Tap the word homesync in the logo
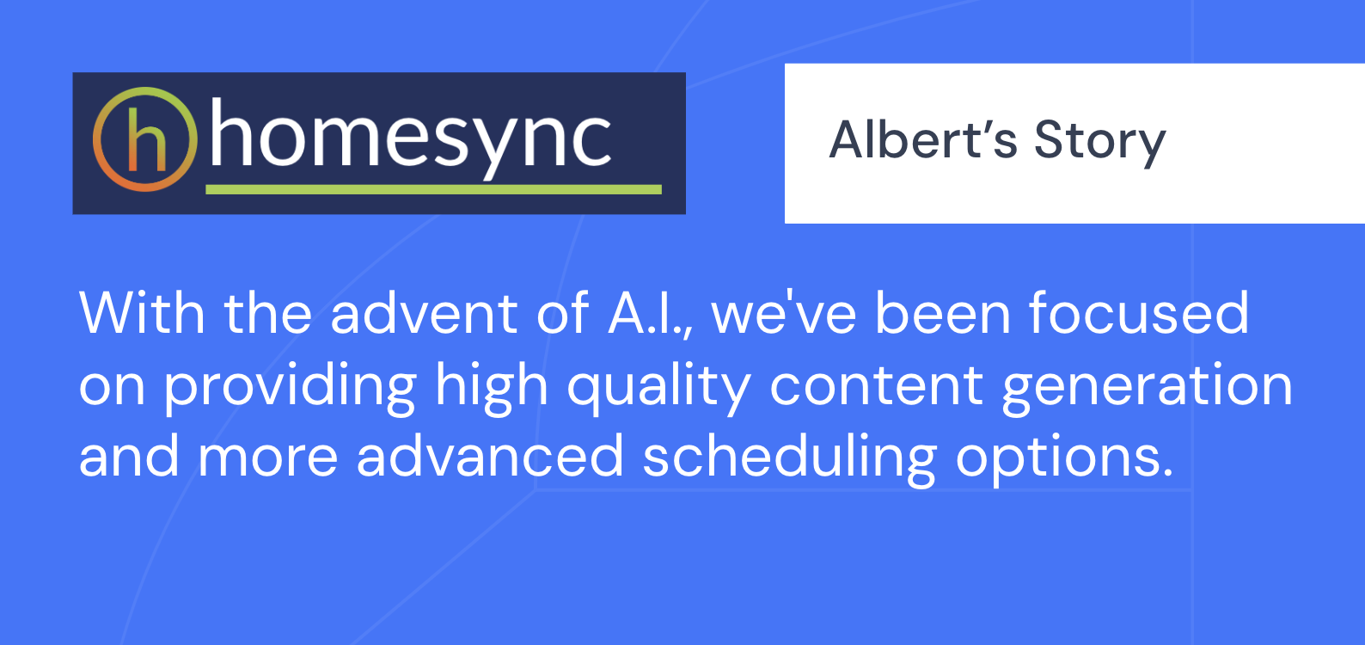click(x=411, y=139)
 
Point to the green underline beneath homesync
click(x=434, y=189)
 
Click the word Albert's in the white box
click(x=923, y=139)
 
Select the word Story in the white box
click(x=1100, y=144)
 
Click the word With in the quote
click(x=142, y=313)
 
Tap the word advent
click(x=424, y=313)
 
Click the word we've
click(x=785, y=313)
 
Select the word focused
click(x=1139, y=313)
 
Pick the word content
click(x=877, y=385)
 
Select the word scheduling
click(x=790, y=458)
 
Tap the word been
click(x=943, y=313)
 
